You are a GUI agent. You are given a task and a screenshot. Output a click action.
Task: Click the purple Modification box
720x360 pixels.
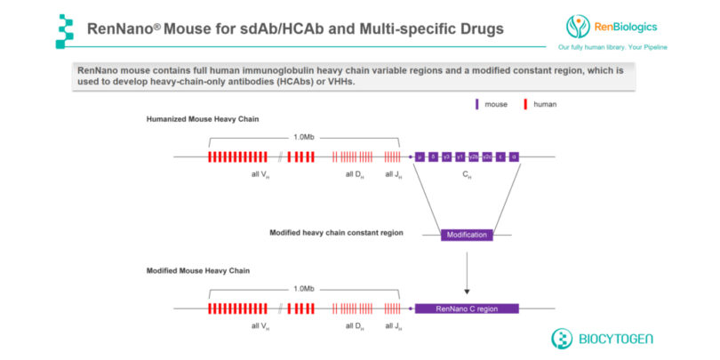(467, 235)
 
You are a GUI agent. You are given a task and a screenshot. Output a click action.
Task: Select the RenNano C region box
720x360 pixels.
(467, 308)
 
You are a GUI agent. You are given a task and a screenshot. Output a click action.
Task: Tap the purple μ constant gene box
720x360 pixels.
(419, 156)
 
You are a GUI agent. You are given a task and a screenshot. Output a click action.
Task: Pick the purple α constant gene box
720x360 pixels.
(514, 156)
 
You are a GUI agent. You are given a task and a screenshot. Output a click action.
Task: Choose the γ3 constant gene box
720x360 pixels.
(446, 156)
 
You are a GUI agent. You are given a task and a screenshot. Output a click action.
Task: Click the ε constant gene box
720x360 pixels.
(500, 156)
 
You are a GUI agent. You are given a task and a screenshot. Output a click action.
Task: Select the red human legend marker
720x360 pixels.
(526, 104)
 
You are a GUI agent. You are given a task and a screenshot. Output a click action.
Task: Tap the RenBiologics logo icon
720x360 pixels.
(579, 26)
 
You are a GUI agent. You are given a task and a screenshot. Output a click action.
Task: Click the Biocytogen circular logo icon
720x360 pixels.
(563, 339)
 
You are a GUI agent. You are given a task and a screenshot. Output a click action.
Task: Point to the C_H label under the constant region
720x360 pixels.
(467, 176)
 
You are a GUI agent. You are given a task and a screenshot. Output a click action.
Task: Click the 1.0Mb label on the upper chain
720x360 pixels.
(304, 137)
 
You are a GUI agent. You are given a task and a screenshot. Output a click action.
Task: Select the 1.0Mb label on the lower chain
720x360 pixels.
(304, 289)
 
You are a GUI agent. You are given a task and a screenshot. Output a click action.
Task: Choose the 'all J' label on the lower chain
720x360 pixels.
(393, 326)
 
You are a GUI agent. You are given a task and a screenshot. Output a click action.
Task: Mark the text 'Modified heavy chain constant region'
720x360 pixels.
(336, 233)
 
